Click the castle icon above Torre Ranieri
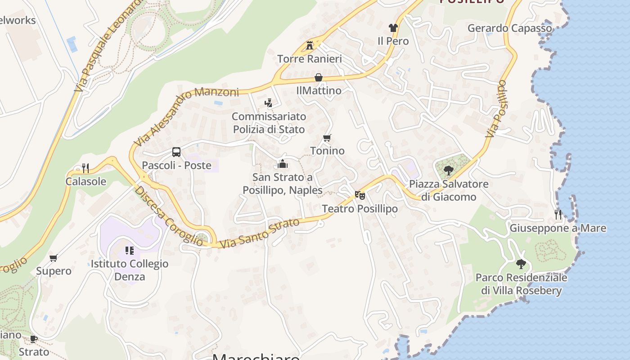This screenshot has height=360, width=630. (x=310, y=45)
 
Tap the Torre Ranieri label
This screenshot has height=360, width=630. (x=310, y=59)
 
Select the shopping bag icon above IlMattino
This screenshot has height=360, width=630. (x=319, y=77)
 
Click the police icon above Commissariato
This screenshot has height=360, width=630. (x=269, y=103)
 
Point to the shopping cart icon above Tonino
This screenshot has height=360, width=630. (x=327, y=138)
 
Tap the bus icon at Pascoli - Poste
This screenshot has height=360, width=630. (x=176, y=152)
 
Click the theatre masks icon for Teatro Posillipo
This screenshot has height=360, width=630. (x=360, y=195)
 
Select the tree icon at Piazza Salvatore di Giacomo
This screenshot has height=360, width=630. (x=448, y=171)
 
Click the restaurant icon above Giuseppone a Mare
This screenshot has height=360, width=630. (x=558, y=215)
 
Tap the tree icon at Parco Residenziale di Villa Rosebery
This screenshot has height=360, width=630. (x=521, y=264)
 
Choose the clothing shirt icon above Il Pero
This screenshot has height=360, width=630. (x=393, y=28)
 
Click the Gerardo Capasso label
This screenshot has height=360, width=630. (x=509, y=28)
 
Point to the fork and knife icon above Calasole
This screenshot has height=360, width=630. (x=85, y=168)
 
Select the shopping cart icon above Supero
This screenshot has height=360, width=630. (x=54, y=258)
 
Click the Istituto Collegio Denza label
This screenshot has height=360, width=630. (x=130, y=270)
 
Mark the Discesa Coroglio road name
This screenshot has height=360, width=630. (x=168, y=216)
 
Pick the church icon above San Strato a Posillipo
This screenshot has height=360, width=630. (x=283, y=164)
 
